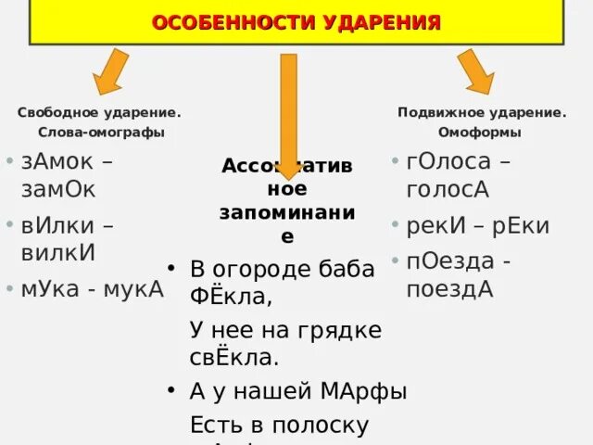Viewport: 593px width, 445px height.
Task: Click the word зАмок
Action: tap(57, 161)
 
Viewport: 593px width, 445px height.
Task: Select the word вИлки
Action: tap(56, 224)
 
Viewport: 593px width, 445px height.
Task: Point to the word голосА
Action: tap(448, 189)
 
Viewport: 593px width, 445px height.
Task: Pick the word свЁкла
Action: tap(233, 357)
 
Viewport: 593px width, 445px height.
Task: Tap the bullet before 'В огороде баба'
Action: tap(171, 268)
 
